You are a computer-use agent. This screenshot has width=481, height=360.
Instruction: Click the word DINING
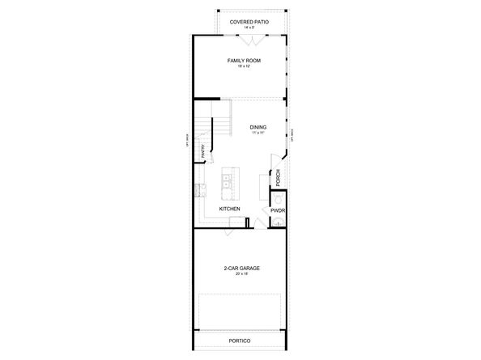point(258,126)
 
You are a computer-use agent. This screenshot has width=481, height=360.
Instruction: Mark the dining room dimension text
point(258,133)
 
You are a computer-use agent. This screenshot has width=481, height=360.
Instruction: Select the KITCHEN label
point(229,209)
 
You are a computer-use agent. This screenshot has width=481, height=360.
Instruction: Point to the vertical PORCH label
point(278,177)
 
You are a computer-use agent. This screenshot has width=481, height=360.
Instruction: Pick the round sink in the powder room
point(279,221)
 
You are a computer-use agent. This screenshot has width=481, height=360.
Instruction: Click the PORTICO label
point(240,341)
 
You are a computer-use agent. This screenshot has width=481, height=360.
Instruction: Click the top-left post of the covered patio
point(217,11)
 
